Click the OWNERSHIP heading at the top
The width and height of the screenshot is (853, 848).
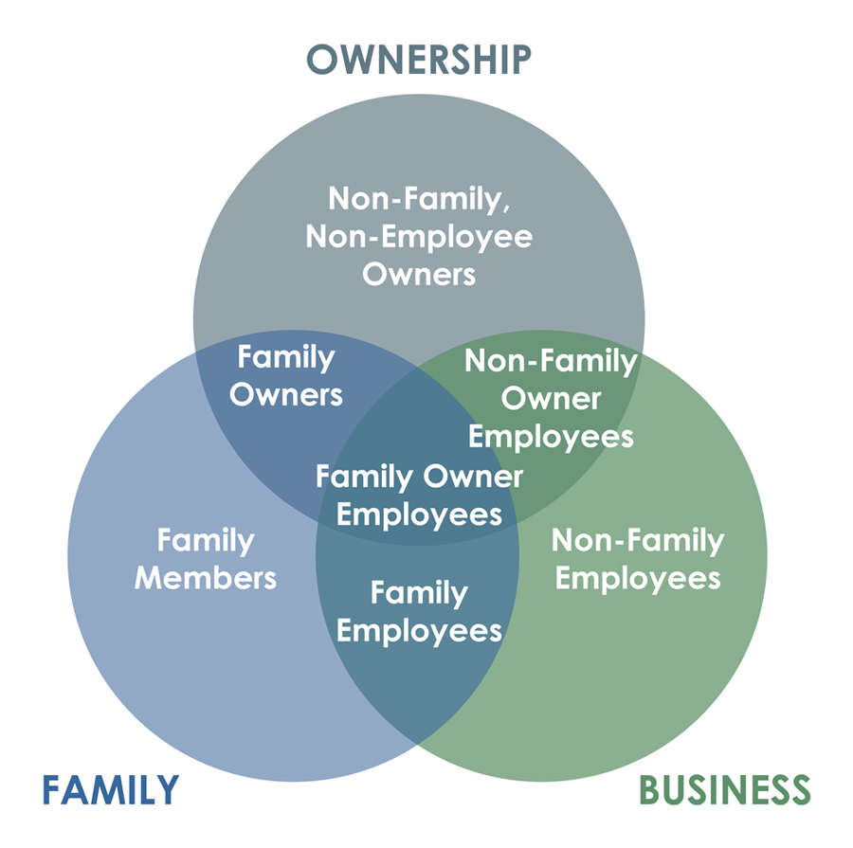click(419, 59)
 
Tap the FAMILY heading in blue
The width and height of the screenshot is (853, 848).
click(110, 789)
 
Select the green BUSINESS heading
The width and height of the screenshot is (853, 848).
click(725, 789)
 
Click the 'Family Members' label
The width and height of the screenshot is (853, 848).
click(206, 559)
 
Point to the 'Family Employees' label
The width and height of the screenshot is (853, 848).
click(419, 611)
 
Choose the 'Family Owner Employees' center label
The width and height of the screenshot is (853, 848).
click(419, 495)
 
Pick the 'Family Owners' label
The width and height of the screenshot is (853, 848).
click(285, 375)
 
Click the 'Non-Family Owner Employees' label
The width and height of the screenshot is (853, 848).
click(551, 399)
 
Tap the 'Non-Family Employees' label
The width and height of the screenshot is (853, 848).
click(637, 559)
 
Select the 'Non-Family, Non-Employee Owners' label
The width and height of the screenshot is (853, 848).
click(419, 236)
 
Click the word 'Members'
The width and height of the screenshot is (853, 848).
click(206, 577)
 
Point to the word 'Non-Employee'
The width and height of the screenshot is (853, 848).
click(419, 236)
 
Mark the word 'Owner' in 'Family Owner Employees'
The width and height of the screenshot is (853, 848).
click(475, 476)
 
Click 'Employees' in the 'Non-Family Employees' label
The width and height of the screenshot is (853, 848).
click(637, 577)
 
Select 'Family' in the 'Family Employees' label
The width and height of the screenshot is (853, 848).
click(419, 593)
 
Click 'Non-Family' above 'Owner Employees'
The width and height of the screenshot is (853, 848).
click(551, 361)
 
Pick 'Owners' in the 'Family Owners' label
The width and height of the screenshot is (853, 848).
click(285, 393)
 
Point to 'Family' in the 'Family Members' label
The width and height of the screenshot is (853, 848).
click(206, 540)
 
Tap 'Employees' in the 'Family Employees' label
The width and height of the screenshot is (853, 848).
click(419, 630)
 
